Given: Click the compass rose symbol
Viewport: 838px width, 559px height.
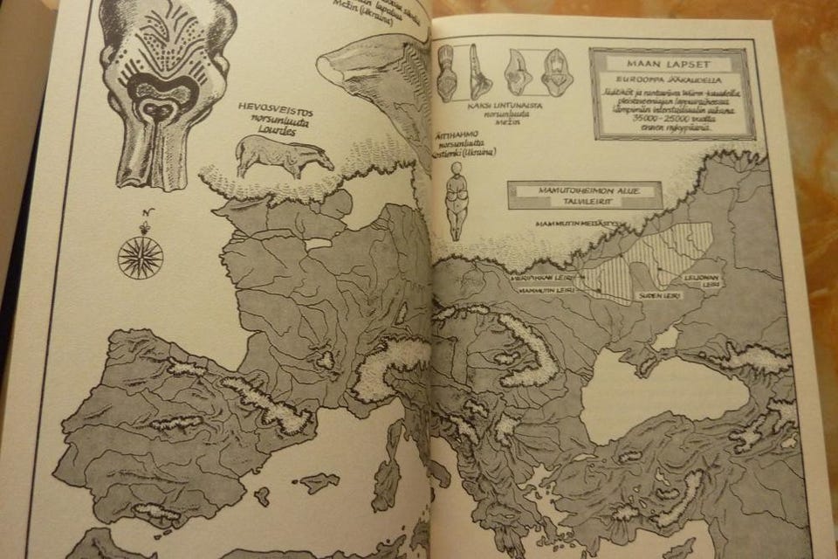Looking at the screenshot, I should tap(140, 258).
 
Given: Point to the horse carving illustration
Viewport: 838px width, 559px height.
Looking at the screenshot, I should tap(285, 157).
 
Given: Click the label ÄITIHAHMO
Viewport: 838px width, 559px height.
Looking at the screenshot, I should tap(453, 136).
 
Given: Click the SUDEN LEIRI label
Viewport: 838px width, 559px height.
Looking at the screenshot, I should tap(660, 295).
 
